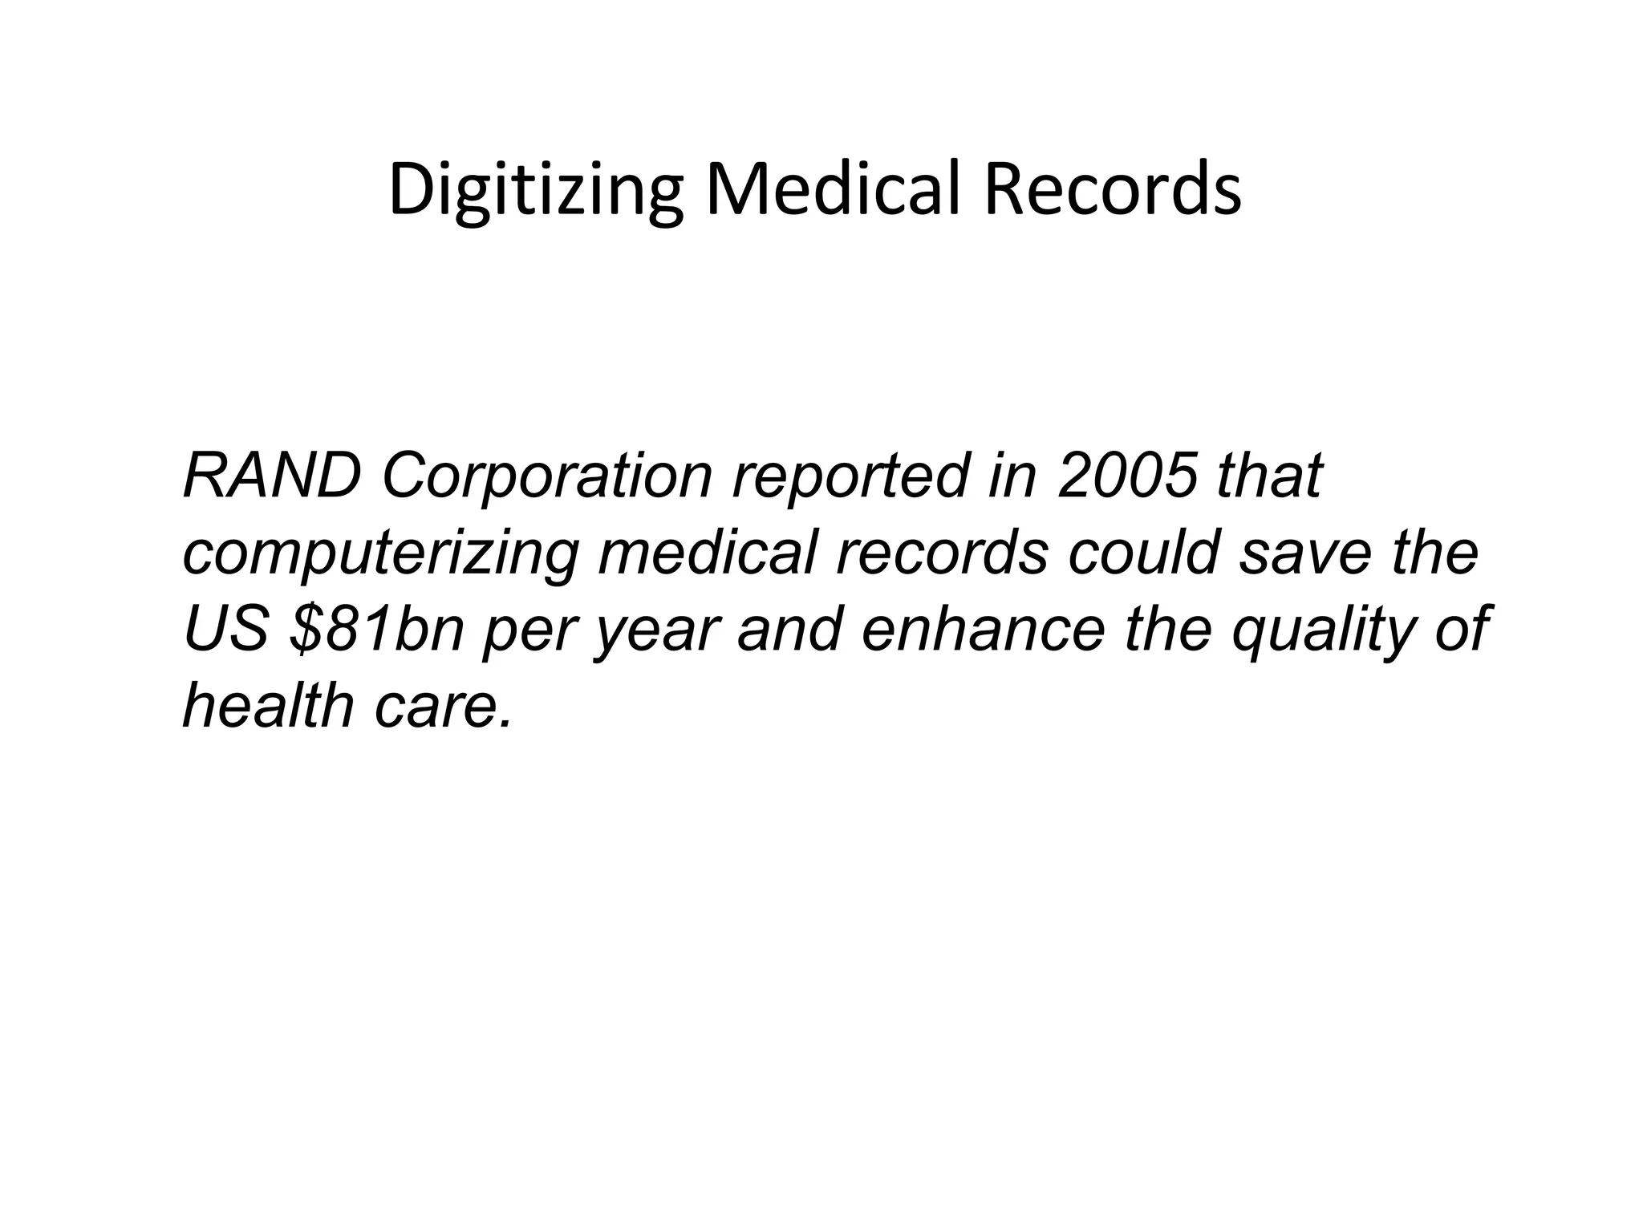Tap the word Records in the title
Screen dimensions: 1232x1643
[x=1112, y=191]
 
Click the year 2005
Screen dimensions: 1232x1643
[x=1127, y=476]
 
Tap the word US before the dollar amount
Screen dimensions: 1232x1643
[x=226, y=629]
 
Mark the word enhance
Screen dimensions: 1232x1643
[x=982, y=629]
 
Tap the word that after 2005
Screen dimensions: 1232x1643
[x=1269, y=476]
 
